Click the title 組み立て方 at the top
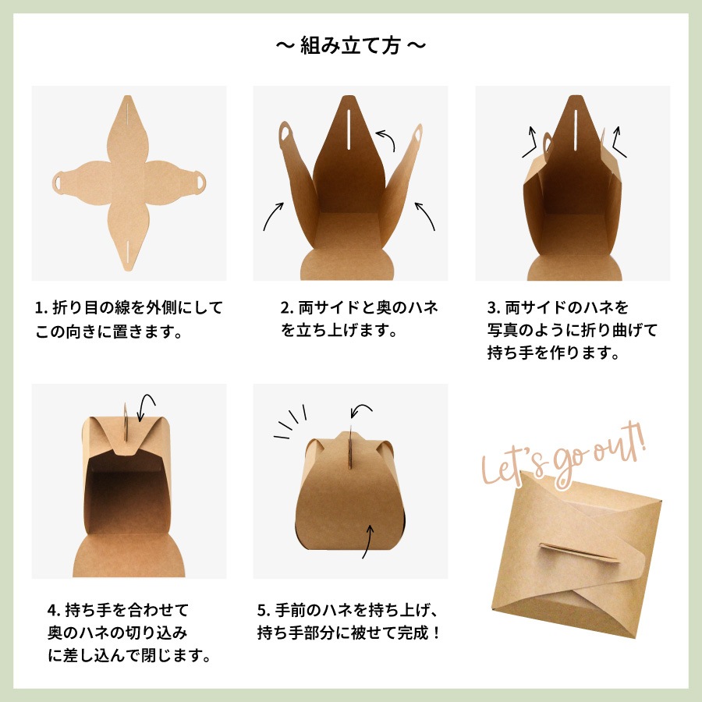click(351, 46)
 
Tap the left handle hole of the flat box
click(60, 182)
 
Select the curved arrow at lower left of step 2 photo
click(272, 215)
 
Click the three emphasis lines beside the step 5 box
click(290, 421)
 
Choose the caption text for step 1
click(129, 320)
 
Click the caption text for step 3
click(573, 330)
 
